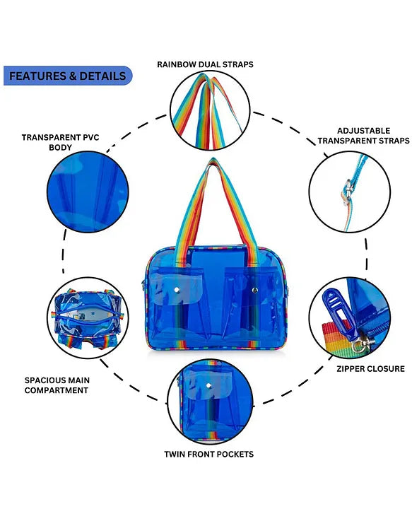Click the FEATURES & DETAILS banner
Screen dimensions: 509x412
(68, 76)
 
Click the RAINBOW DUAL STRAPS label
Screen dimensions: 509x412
(205, 64)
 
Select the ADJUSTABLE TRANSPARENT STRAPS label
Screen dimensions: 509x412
(363, 136)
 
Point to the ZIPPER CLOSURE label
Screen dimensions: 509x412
(370, 368)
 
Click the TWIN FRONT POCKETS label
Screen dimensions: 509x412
(208, 454)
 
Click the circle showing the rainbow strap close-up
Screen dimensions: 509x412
(209, 110)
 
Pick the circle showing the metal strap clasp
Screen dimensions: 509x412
(349, 192)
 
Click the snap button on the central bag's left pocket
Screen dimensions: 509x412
(177, 291)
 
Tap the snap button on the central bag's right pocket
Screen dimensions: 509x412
(254, 290)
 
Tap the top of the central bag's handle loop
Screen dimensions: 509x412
(212, 163)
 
